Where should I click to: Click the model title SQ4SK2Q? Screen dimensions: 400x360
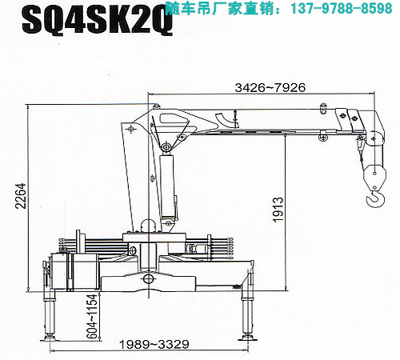click(x=98, y=21)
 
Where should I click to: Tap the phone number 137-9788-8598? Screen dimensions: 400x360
click(x=342, y=8)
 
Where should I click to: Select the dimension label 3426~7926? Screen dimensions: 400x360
click(x=270, y=87)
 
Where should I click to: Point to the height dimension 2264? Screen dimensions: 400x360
click(x=21, y=196)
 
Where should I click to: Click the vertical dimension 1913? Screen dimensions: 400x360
click(x=278, y=210)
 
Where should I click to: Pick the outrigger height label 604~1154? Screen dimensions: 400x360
click(x=93, y=316)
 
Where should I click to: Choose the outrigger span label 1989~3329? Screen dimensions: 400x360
click(x=154, y=344)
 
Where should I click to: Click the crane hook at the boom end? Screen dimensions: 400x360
click(x=376, y=198)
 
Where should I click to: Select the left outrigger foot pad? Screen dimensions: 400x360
click(x=50, y=338)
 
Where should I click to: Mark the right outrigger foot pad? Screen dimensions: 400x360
click(x=248, y=338)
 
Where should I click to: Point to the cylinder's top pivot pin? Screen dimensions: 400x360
click(x=166, y=147)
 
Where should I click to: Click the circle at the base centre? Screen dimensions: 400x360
click(x=148, y=279)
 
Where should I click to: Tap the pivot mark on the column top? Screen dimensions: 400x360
click(x=131, y=130)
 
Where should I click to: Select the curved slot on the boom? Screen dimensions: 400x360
click(x=226, y=121)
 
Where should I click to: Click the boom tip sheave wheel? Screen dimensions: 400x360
click(x=375, y=138)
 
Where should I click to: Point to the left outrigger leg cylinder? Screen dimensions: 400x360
click(x=50, y=314)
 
